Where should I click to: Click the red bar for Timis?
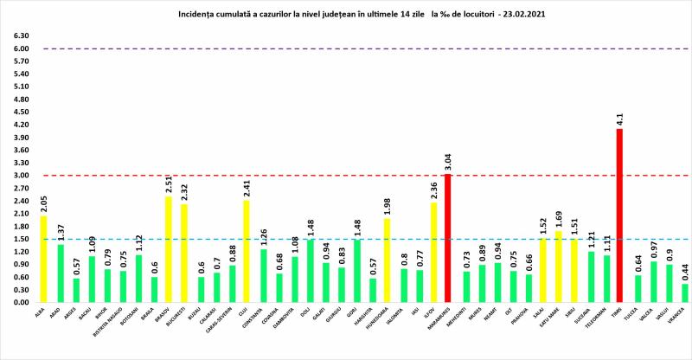[618, 215]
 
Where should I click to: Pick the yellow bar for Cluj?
[247, 251]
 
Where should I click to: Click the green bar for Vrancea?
[685, 293]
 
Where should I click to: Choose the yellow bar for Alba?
[44, 259]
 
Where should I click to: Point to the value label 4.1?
[619, 120]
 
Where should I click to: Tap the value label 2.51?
[170, 184]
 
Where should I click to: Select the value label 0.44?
[685, 272]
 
